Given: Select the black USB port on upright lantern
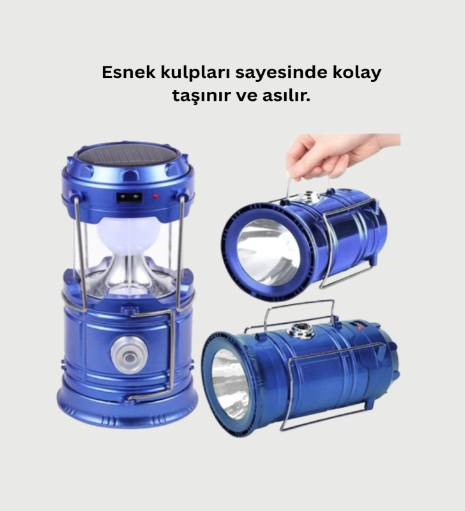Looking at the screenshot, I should [x=130, y=197].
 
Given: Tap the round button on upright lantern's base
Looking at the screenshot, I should [x=128, y=355].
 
